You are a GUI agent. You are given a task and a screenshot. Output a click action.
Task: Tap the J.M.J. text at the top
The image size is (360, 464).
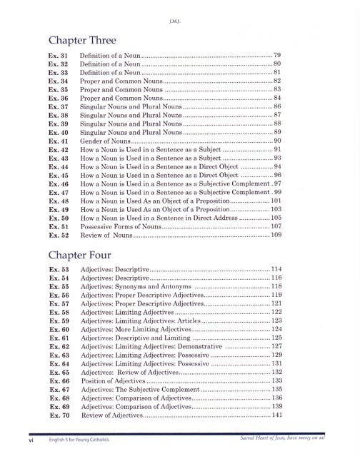point(180,11)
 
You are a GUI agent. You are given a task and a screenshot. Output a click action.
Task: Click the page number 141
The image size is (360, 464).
point(277,415)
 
